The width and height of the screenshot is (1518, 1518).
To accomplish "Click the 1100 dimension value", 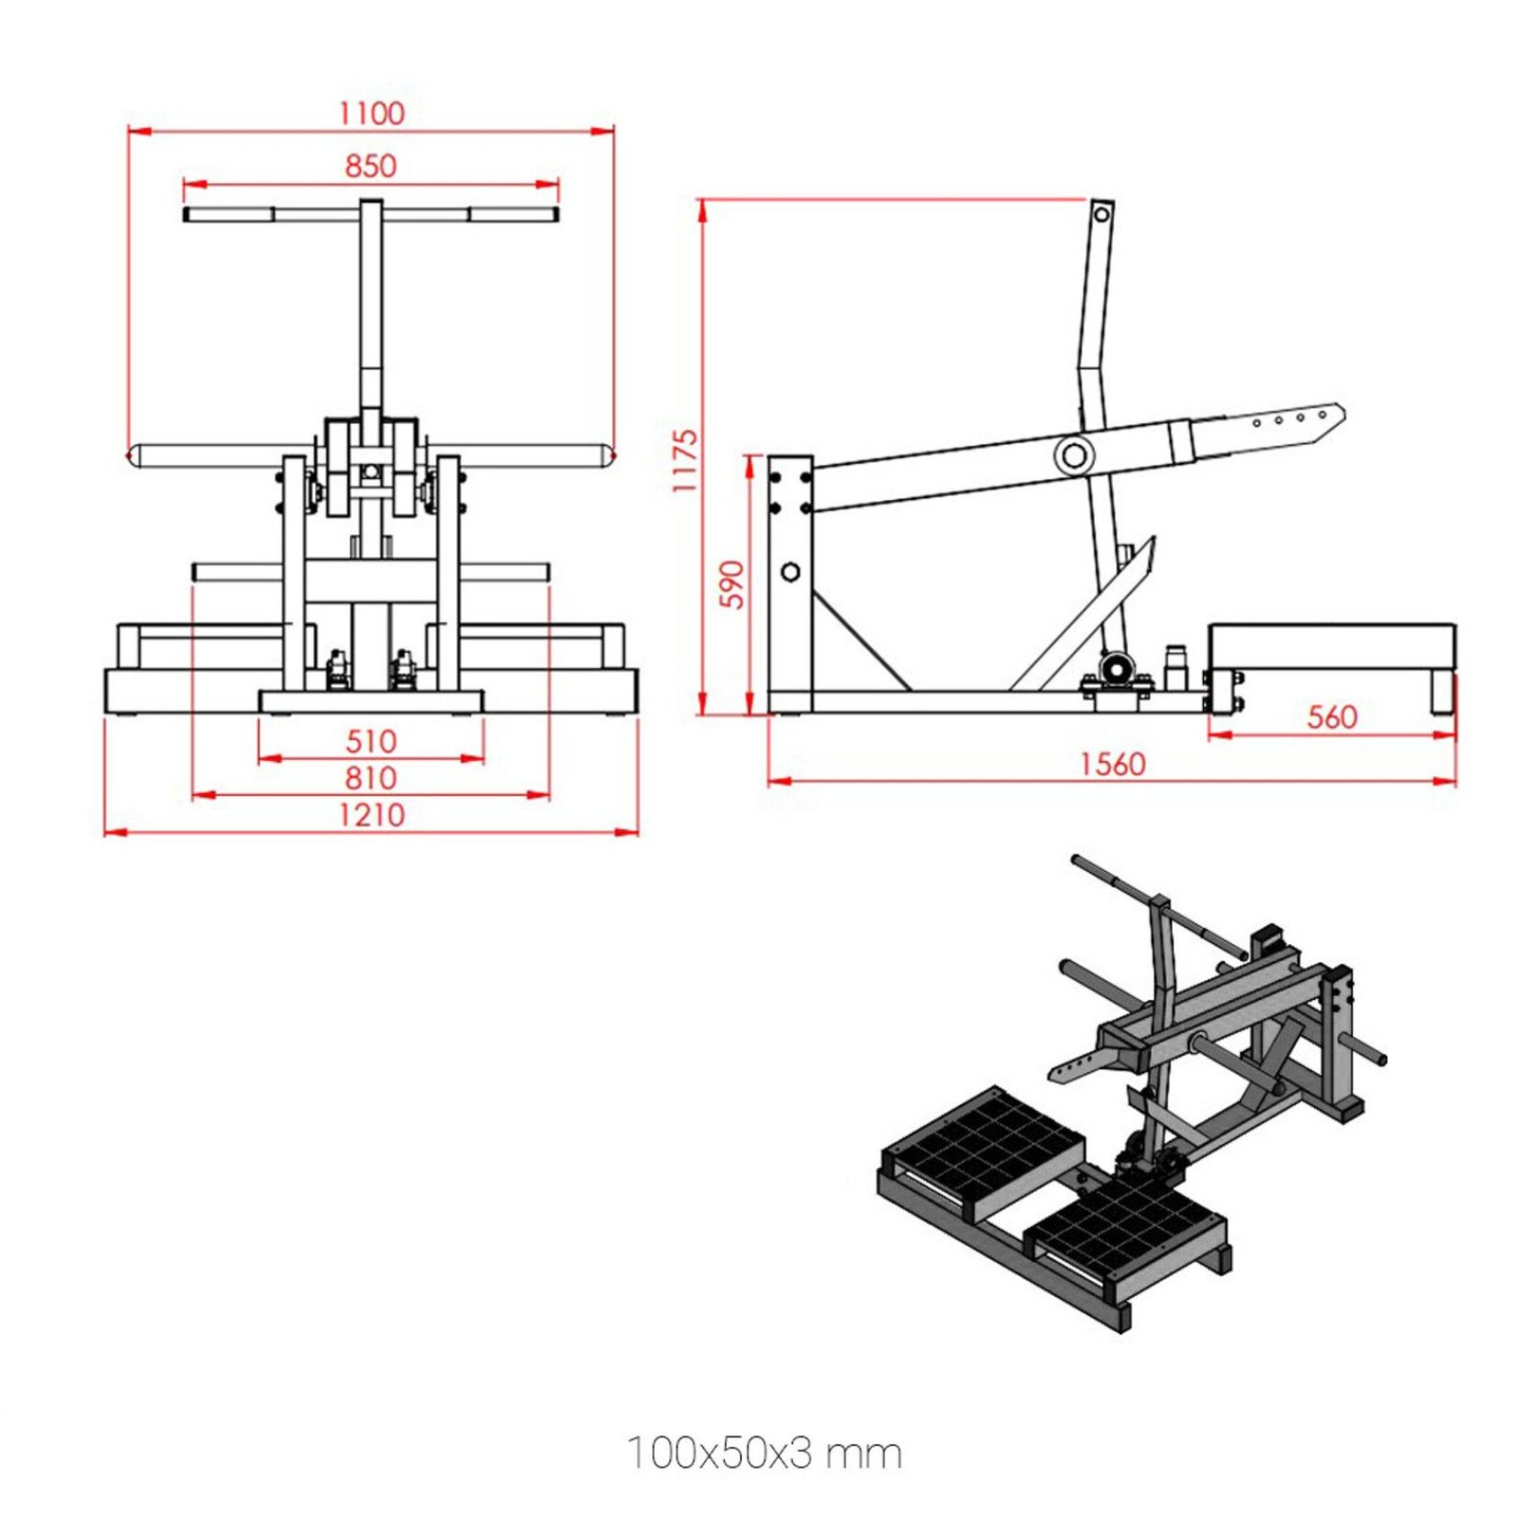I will click(371, 113).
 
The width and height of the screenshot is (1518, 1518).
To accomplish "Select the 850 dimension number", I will click(370, 166).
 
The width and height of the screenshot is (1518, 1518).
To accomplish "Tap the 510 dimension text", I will click(370, 741).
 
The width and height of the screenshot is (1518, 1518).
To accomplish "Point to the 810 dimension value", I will click(370, 778).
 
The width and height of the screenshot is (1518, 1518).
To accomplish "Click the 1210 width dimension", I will click(371, 815).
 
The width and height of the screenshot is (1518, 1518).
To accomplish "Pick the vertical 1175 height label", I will click(684, 461).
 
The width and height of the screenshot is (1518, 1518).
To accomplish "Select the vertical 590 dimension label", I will click(732, 584).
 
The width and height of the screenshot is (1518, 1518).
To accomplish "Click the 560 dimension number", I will click(1332, 716).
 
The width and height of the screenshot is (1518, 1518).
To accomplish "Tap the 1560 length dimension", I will click(1112, 764).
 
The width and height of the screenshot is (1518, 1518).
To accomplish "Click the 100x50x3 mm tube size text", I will click(765, 1453).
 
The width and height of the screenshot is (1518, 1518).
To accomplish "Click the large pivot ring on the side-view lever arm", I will click(1074, 455).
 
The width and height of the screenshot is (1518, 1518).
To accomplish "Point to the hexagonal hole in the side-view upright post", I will click(789, 572).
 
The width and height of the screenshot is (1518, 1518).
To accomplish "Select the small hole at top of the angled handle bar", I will click(1101, 214).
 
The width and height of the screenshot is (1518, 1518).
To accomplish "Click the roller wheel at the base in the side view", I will click(1116, 668).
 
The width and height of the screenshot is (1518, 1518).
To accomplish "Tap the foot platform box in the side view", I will click(1332, 646).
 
